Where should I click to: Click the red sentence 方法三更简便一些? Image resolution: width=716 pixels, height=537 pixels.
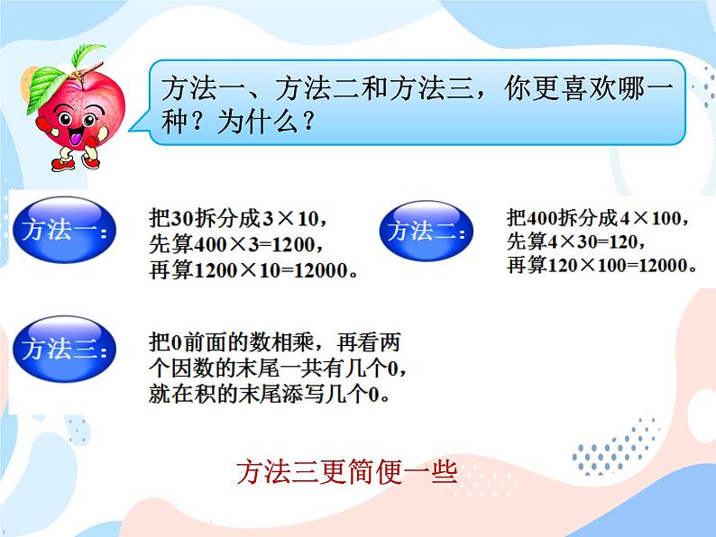347,471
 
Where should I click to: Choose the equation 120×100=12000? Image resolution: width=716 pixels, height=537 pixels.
623,265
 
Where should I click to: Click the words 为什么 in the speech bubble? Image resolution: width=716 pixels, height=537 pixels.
258,124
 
